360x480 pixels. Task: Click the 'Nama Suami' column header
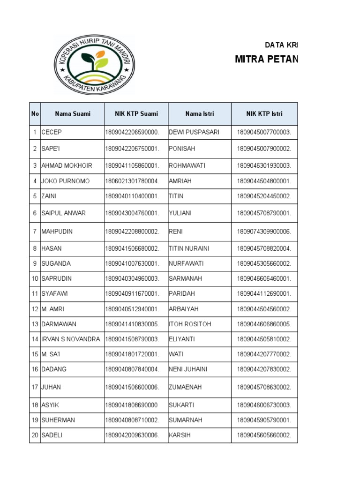tap(73, 113)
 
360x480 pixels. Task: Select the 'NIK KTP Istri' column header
tap(264, 113)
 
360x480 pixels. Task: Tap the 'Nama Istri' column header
tap(199, 113)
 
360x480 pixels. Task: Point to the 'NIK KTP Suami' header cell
tap(136, 113)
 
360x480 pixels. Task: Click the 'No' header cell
tap(35, 113)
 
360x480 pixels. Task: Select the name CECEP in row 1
tap(52, 132)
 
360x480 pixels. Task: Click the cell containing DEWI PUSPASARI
tap(194, 132)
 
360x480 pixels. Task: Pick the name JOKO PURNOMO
tap(66, 181)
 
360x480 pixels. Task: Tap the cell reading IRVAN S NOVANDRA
tap(71, 339)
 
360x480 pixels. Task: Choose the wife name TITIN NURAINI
tap(189, 248)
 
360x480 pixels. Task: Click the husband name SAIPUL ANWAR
tap(64, 213)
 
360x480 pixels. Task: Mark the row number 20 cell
tap(35, 435)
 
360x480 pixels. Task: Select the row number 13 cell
tap(35, 324)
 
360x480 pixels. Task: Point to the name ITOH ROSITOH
tap(190, 324)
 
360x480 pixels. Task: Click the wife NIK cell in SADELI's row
tap(264, 435)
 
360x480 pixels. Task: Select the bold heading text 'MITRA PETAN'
tap(266, 60)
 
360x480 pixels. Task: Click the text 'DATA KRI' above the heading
tap(281, 45)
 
